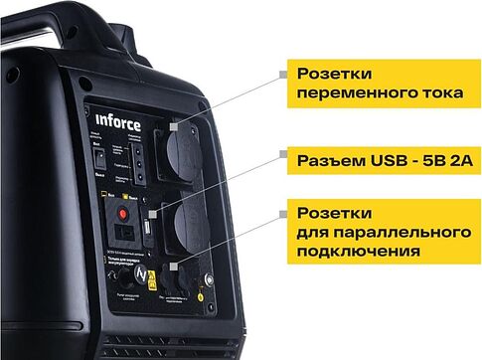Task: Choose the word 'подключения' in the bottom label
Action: (x=353, y=253)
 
